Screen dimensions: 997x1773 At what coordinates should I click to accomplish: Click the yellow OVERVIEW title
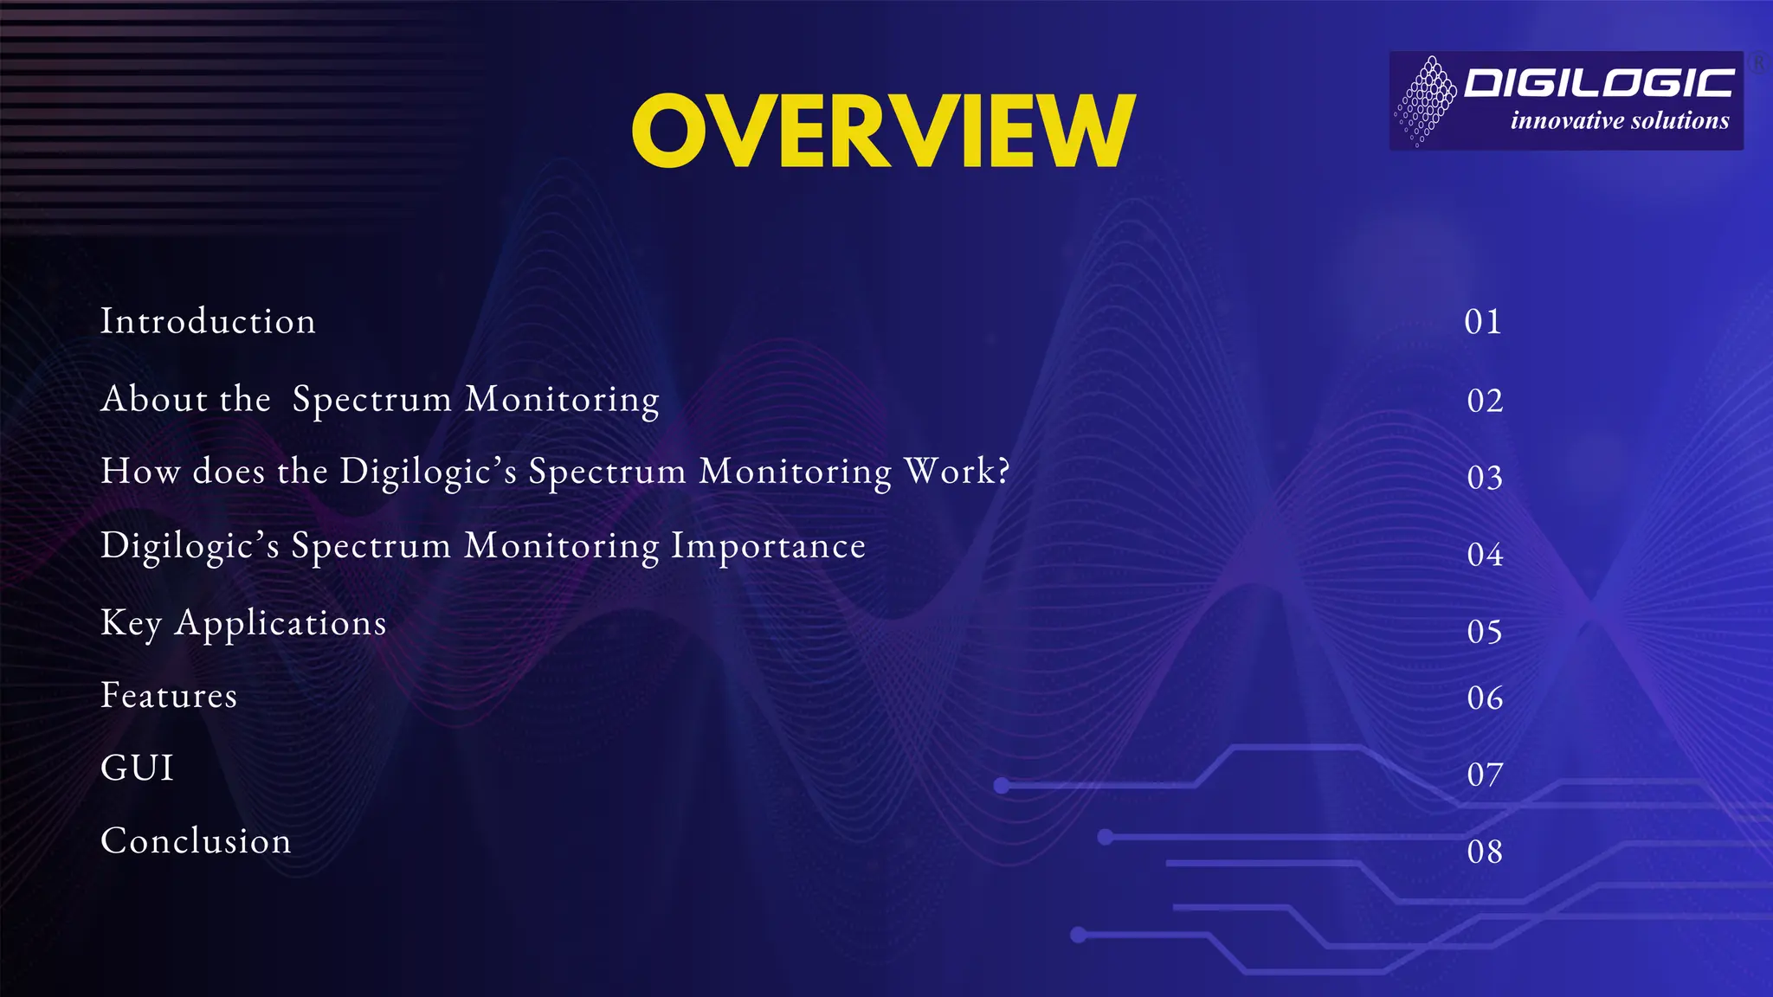[x=883, y=132]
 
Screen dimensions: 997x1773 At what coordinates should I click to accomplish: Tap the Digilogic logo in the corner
[x=1565, y=100]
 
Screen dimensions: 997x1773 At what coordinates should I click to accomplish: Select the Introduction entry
[x=208, y=321]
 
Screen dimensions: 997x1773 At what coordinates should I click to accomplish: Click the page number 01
[x=1483, y=322]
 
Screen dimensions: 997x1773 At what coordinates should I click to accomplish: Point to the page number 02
[x=1485, y=401]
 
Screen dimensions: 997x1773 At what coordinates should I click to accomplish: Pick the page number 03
[x=1485, y=478]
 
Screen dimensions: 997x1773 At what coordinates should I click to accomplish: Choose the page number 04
[x=1485, y=555]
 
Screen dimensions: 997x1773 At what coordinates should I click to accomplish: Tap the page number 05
[x=1485, y=632]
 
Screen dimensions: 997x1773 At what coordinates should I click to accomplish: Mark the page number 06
[x=1485, y=698]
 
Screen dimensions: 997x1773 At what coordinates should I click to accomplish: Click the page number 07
[x=1485, y=775]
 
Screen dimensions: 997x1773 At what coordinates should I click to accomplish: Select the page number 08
[x=1485, y=852]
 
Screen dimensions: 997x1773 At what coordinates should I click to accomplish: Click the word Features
[x=169, y=696]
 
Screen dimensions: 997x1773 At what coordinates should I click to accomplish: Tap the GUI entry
[x=138, y=769]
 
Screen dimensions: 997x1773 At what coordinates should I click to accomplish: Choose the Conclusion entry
[x=196, y=841]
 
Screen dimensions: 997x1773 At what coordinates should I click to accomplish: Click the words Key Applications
[x=243, y=623]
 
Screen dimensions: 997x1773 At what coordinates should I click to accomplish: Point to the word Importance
[x=768, y=546]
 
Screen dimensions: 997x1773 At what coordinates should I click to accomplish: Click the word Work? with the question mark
[x=957, y=472]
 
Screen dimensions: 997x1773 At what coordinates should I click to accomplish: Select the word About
[x=154, y=399]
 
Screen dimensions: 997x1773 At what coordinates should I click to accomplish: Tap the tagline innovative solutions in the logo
[x=1620, y=121]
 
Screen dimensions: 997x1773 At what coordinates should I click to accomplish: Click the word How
[x=140, y=472]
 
